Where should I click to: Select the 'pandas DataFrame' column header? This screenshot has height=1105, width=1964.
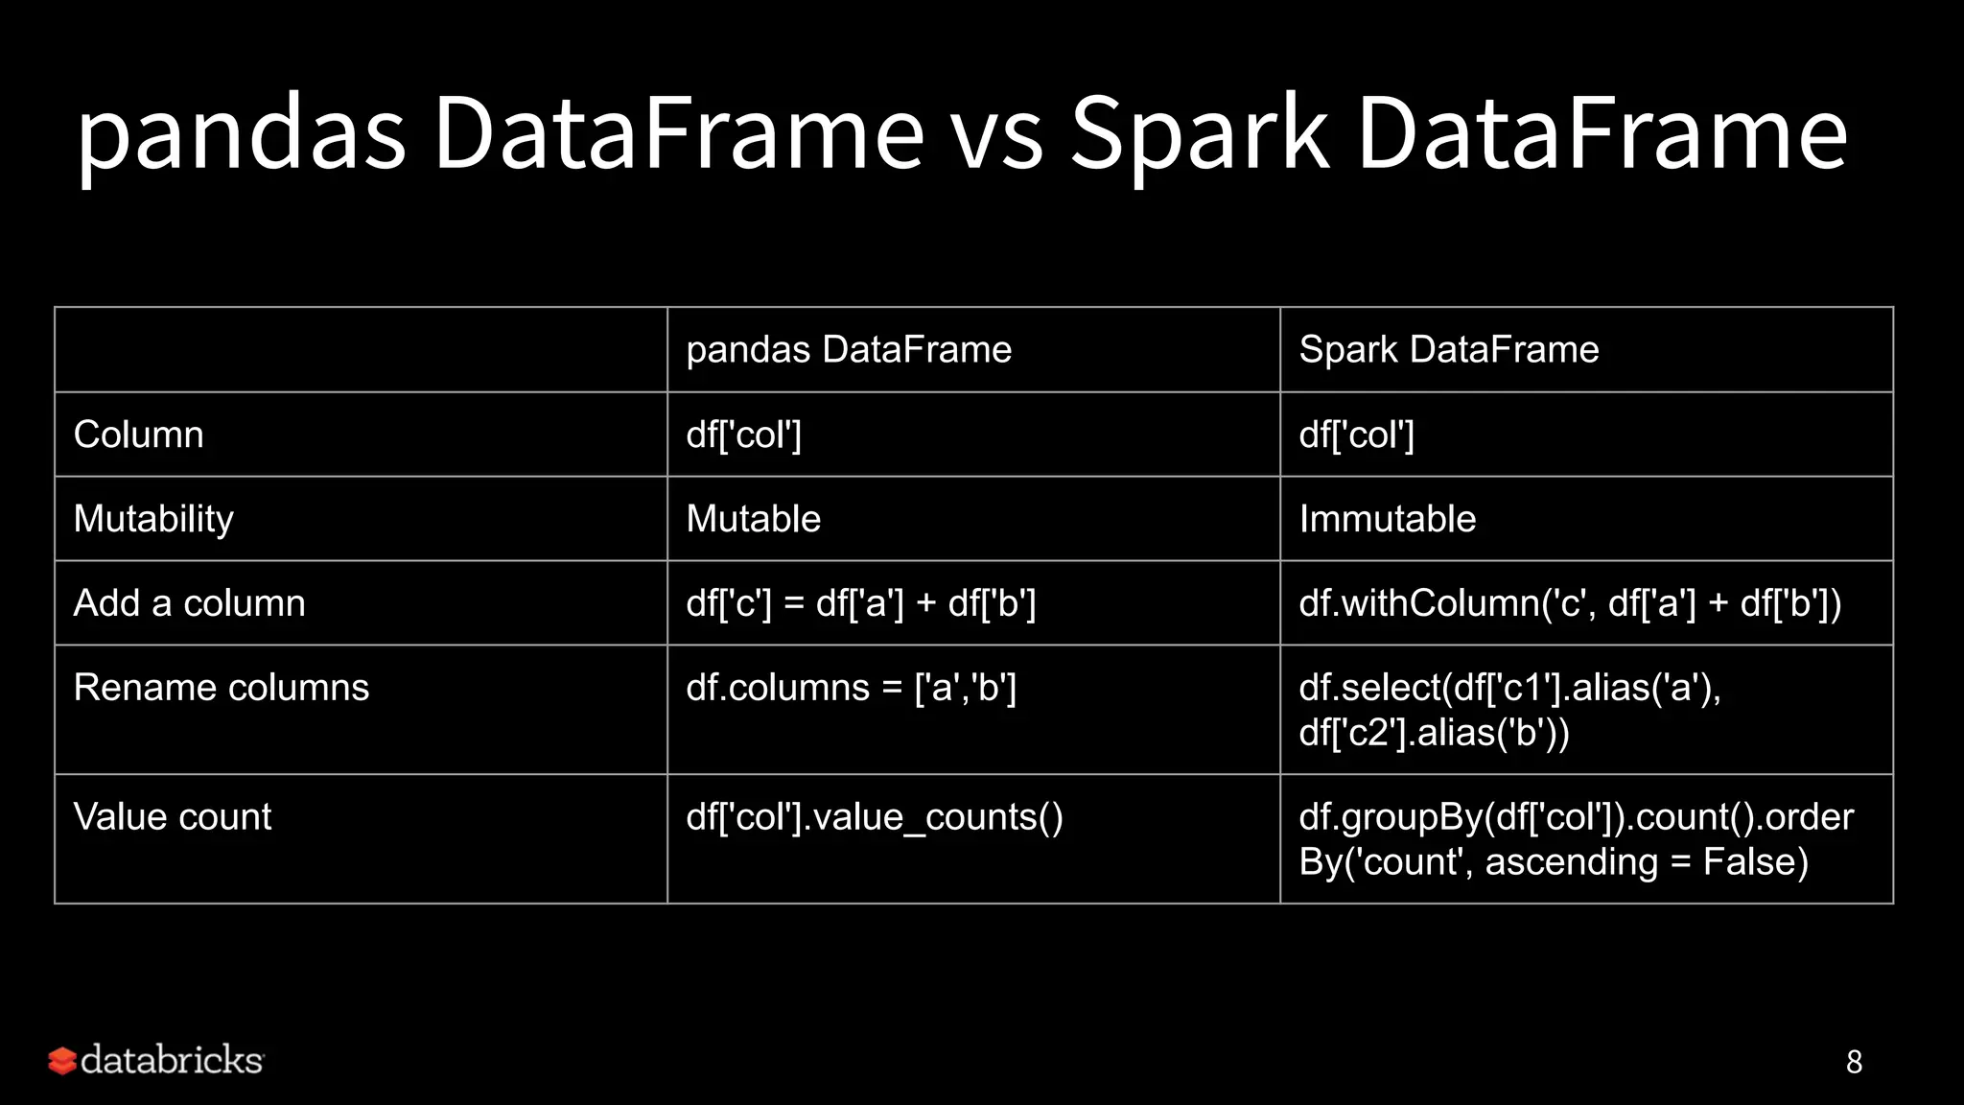tap(849, 350)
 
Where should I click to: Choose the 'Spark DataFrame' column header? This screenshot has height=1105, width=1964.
tap(1448, 350)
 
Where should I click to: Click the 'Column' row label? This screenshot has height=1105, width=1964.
tap(139, 435)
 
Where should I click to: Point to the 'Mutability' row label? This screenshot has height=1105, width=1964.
tap(153, 519)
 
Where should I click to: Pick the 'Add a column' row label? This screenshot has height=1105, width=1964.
tap(189, 603)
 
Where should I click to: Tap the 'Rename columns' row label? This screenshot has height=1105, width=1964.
tap(222, 688)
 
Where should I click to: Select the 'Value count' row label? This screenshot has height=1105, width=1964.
tap(173, 817)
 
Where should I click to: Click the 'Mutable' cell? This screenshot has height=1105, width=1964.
tap(754, 519)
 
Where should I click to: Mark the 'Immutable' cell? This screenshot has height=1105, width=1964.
tap(1387, 519)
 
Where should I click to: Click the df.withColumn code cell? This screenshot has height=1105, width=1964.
tap(1570, 603)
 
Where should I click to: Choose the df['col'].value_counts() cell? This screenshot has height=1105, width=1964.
tap(875, 817)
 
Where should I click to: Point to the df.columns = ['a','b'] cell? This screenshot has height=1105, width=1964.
tap(851, 688)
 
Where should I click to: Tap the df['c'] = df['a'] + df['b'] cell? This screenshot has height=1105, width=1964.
tap(860, 603)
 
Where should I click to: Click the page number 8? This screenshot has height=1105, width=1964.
tap(1854, 1062)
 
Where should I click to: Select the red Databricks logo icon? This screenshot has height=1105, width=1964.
tap(62, 1061)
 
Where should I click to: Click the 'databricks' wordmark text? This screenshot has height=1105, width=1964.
tap(172, 1060)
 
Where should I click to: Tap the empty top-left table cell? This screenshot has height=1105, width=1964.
tap(361, 350)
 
